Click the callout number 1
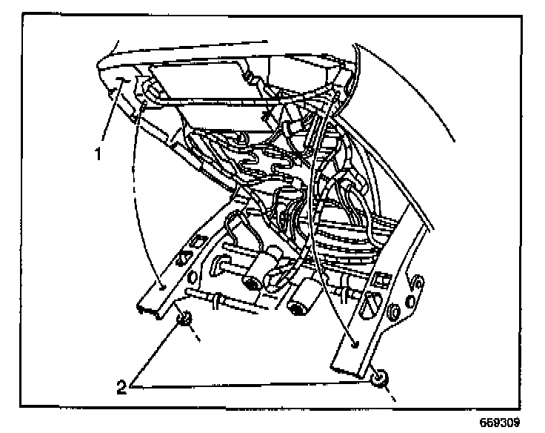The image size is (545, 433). point(96,156)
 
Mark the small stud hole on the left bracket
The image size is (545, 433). point(161,283)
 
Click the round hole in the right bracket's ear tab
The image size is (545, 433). point(417,283)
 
